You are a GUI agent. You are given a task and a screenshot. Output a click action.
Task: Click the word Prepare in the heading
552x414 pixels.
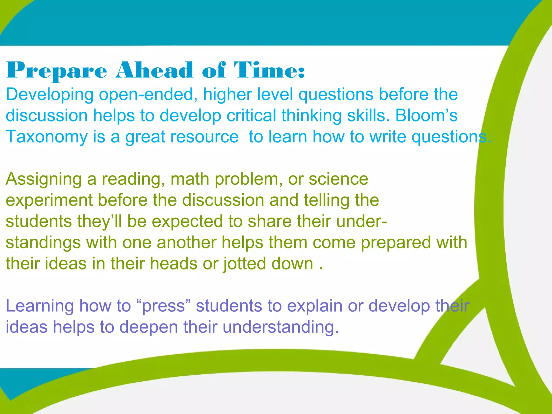[x=57, y=71]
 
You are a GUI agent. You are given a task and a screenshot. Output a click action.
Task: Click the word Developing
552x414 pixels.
[x=50, y=95]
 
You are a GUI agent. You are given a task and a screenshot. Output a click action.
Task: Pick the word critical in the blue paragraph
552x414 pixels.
[x=251, y=115]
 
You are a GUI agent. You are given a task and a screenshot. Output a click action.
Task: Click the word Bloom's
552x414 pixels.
[x=426, y=115]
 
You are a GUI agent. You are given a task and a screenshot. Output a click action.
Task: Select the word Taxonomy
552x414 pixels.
[x=47, y=137]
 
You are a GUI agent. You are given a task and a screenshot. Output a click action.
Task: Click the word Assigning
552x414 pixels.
[x=44, y=179]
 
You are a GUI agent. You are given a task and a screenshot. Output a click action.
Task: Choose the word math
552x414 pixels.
[x=190, y=179]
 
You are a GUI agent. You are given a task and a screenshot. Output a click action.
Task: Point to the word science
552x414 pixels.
[x=338, y=179]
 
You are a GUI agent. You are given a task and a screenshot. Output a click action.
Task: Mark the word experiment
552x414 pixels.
[x=49, y=201]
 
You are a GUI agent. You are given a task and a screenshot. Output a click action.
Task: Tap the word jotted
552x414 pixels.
[x=244, y=264]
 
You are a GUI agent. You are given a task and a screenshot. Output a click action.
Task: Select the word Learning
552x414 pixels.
[x=40, y=306]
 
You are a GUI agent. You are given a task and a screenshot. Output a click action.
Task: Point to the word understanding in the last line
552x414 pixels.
[x=280, y=327]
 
